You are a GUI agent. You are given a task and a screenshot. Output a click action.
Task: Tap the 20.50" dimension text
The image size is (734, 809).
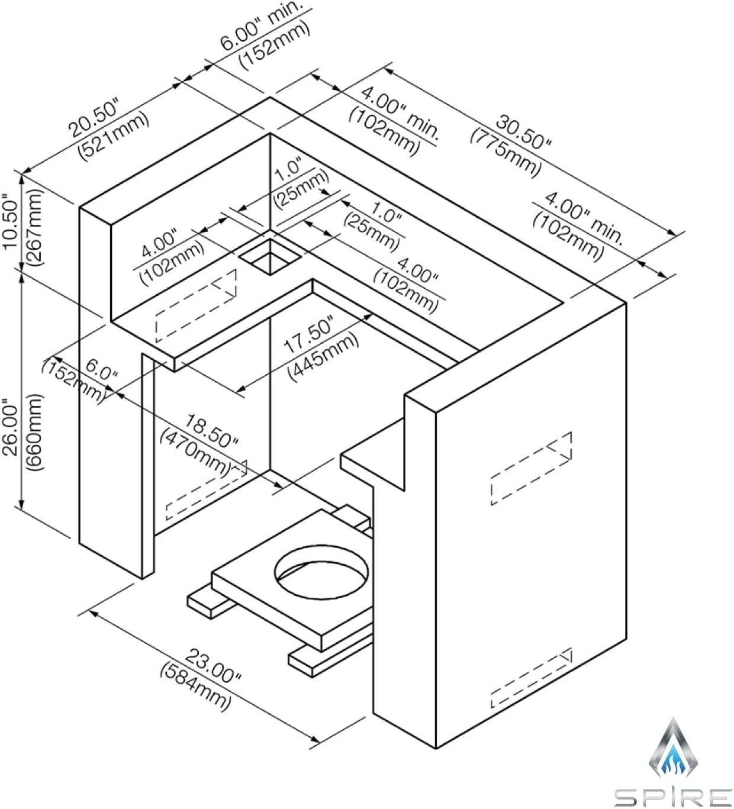[94, 119]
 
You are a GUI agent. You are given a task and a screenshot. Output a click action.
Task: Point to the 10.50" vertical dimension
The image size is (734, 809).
[10, 220]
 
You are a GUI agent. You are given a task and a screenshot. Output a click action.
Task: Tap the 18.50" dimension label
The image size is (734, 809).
[211, 431]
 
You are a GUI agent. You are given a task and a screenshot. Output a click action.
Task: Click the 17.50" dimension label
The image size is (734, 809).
[308, 335]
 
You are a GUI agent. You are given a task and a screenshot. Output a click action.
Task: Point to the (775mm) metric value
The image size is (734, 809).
[506, 151]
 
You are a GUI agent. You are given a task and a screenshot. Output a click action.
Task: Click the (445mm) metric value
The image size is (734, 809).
[323, 356]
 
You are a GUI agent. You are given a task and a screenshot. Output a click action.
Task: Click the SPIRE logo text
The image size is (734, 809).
[672, 797]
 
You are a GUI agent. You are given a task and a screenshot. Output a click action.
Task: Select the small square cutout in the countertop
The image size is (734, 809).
[270, 257]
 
